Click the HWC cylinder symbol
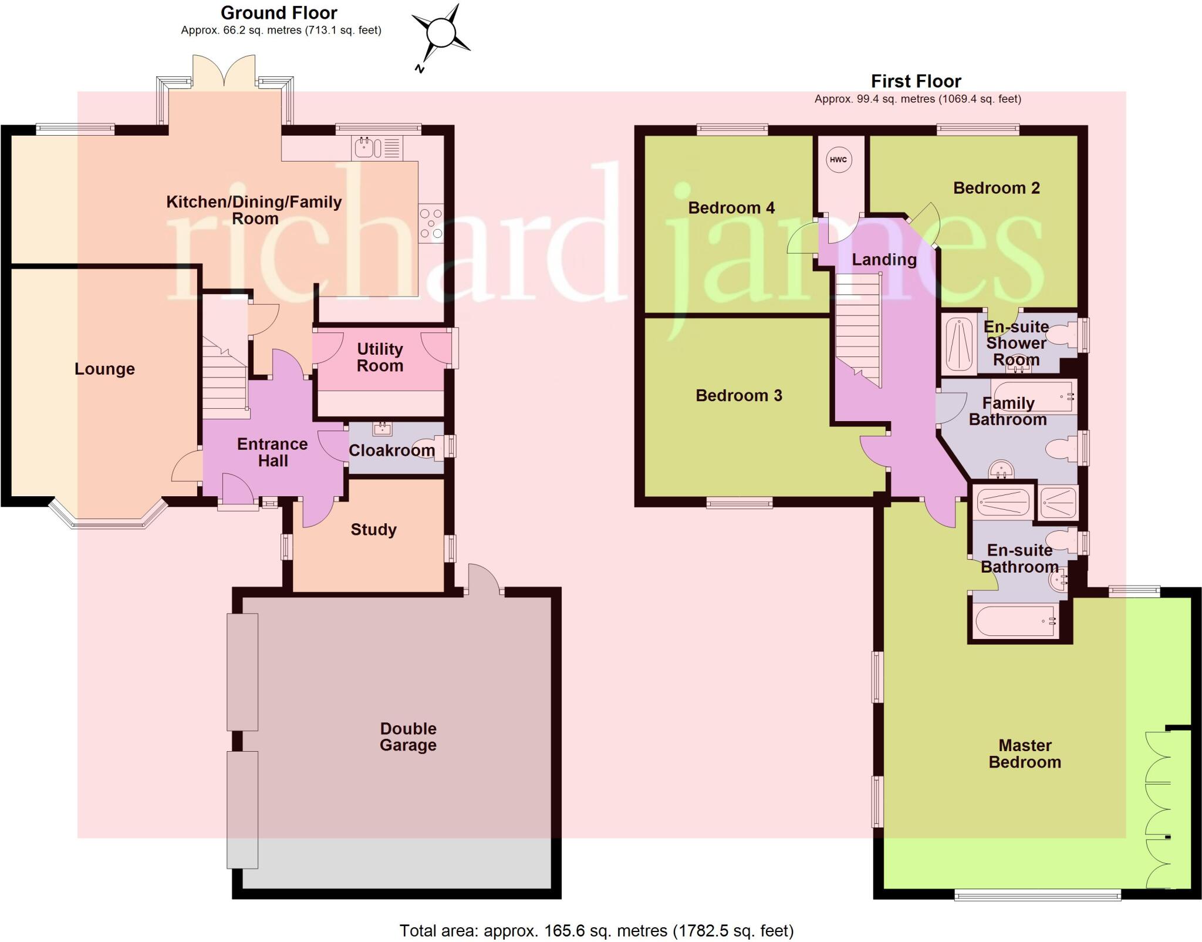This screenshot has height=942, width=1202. (x=838, y=160)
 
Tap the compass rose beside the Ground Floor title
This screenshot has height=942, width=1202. (x=441, y=33)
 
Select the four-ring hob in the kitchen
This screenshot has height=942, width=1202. (x=431, y=223)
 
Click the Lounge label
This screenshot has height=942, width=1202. (x=104, y=369)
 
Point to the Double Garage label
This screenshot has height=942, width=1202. (x=408, y=736)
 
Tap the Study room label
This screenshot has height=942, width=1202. (x=373, y=530)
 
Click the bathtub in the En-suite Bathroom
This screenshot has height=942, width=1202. (x=1015, y=621)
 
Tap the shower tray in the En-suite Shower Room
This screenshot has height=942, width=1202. (x=958, y=344)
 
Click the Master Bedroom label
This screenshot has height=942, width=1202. (x=1025, y=753)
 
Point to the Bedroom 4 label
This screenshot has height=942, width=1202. (x=731, y=208)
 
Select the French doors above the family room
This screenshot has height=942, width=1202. (x=224, y=73)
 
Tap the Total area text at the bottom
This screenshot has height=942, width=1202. (x=596, y=931)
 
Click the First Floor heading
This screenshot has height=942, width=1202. (x=916, y=81)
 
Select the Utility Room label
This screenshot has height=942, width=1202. (x=380, y=357)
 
